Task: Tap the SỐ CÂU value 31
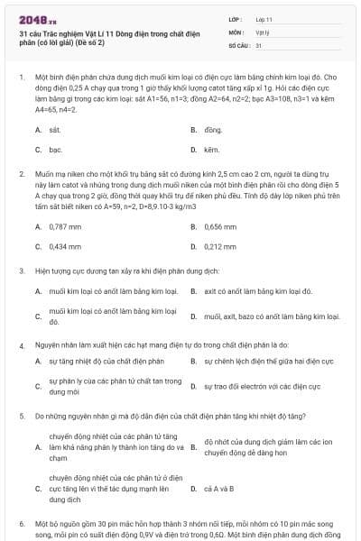click(259, 44)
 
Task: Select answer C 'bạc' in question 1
click(54, 149)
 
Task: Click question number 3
click(22, 270)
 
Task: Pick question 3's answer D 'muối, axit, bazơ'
click(271, 316)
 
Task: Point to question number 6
click(22, 523)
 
